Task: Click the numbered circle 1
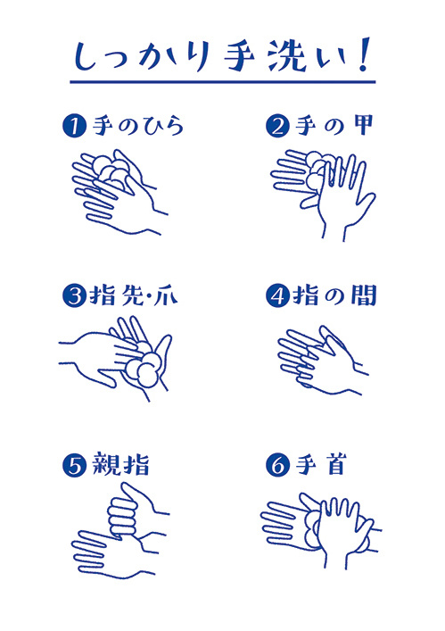click(74, 126)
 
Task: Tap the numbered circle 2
click(277, 126)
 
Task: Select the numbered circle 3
click(74, 296)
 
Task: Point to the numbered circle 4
click(277, 296)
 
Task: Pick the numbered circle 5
click(74, 466)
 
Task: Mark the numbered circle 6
click(277, 466)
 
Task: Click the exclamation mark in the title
click(363, 55)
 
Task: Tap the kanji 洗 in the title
click(288, 57)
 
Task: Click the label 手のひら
click(138, 126)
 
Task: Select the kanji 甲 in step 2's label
click(362, 125)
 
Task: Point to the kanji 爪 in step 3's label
click(166, 296)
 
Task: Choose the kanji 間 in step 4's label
click(363, 295)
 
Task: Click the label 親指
click(120, 465)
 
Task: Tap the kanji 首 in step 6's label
click(334, 465)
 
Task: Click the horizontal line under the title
click(223, 82)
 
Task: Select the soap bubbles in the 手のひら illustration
click(110, 171)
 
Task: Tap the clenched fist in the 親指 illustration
click(122, 516)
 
